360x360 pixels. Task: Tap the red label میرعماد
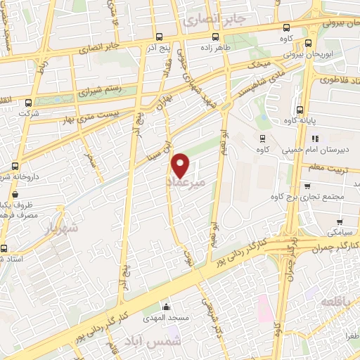(x=188, y=182)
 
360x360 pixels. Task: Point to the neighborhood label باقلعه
(x=333, y=302)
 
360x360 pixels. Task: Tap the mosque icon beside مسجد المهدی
(x=167, y=307)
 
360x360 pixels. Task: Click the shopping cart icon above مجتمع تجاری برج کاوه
(x=307, y=186)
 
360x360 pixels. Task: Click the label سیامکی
(x=341, y=230)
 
